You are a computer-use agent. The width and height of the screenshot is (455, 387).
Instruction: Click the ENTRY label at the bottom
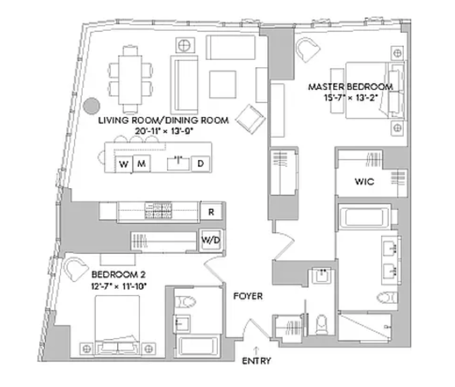(256, 361)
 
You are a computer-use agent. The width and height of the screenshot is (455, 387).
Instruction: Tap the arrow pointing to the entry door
(256, 349)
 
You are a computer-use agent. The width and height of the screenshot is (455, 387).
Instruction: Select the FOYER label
(248, 296)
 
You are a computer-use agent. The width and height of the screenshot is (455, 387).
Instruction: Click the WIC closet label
(364, 182)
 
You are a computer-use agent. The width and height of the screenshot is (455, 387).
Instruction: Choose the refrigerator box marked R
(211, 212)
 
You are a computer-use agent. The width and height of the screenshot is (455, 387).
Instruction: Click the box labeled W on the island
(124, 164)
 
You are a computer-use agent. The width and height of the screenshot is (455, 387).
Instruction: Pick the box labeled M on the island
(141, 164)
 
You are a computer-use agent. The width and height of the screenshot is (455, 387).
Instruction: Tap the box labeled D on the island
(201, 164)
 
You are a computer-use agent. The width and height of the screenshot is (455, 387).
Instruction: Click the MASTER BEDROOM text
(350, 87)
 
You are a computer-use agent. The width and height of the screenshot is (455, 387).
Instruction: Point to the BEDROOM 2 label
(118, 275)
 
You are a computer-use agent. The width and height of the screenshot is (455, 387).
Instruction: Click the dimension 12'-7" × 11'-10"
(118, 286)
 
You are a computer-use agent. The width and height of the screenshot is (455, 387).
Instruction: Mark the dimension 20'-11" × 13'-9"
(164, 131)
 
